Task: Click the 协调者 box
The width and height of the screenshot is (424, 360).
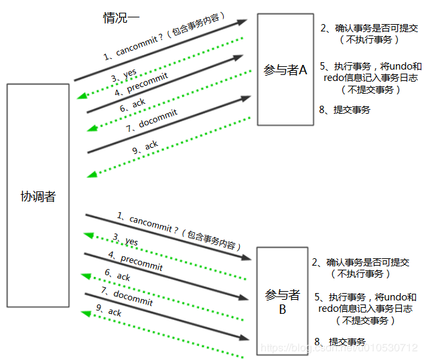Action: click(x=38, y=195)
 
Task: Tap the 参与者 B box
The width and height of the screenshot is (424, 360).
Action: click(x=285, y=301)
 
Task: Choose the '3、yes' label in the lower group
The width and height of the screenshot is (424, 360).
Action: click(x=126, y=240)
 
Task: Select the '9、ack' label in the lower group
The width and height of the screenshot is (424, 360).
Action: click(x=109, y=311)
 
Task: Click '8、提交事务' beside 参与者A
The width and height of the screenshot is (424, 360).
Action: click(x=345, y=109)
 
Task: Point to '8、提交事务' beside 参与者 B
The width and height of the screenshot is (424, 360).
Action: click(x=340, y=341)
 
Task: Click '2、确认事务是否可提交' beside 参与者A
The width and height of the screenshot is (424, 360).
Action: click(x=369, y=28)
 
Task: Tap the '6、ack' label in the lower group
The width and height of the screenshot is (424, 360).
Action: click(x=117, y=275)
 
